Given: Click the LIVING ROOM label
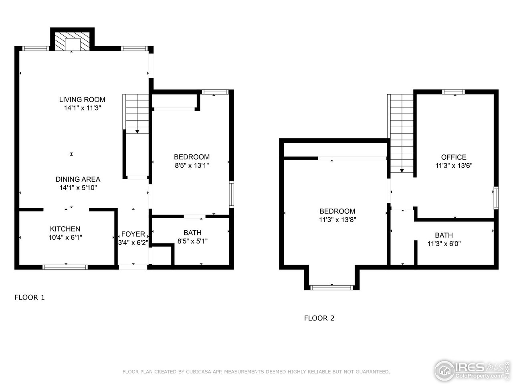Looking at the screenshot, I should point(82,99).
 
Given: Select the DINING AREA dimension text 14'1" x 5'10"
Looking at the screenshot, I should point(78,187).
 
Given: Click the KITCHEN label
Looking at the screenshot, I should point(65,229).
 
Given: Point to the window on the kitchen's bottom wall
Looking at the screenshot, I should point(65,267).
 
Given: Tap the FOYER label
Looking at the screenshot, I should point(133,234).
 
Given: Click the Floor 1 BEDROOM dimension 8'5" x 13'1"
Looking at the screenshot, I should point(192,165).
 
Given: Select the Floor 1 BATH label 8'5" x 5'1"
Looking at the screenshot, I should point(192,233).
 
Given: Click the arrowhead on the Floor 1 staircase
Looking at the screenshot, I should point(137,131).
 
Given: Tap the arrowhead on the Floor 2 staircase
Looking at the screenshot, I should point(402,171).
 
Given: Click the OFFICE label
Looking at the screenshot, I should point(454,157).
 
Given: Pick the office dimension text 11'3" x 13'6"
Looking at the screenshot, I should point(454,165).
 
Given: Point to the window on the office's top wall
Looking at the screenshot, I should point(453,92).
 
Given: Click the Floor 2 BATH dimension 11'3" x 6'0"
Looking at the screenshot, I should point(444,243).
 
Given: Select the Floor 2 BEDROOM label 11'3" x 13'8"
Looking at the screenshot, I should point(337,211).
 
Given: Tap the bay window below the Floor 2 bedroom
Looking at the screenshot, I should point(332,287).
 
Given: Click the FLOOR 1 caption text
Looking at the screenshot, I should point(30,297).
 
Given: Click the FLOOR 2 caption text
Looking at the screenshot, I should point(319,318).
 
